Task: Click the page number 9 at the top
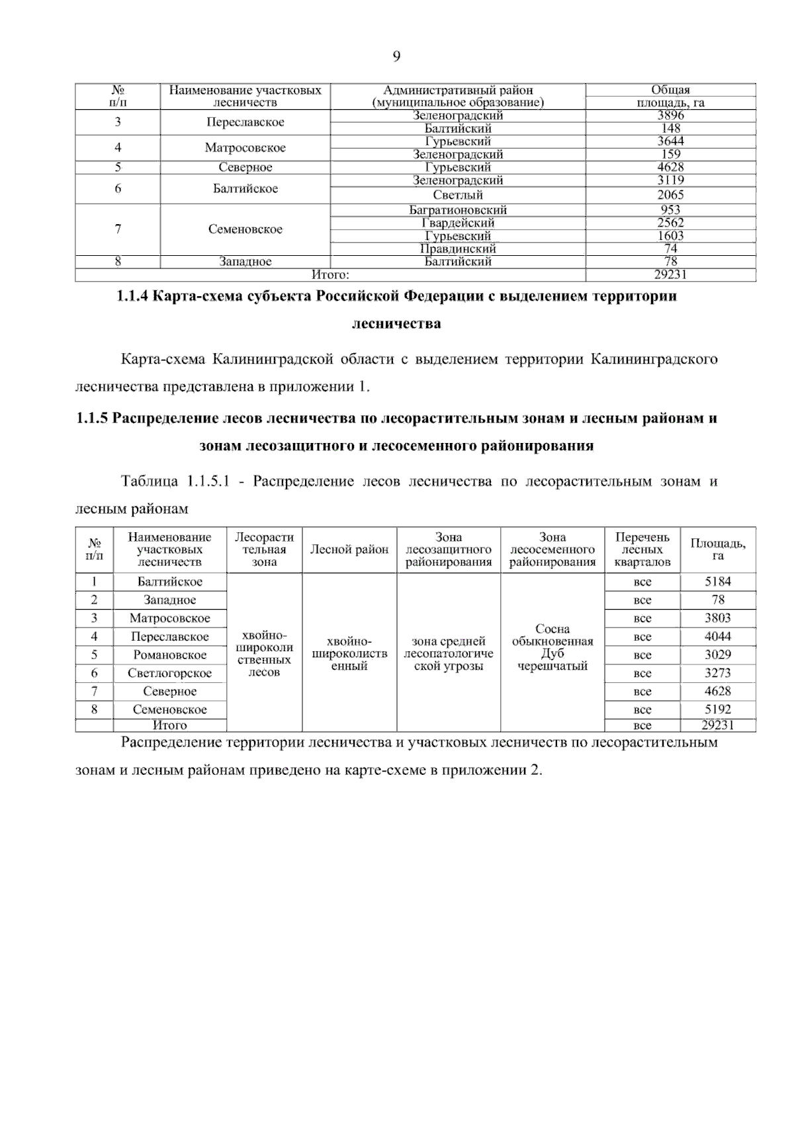[x=396, y=57]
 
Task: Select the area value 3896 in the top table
[x=670, y=115]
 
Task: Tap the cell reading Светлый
[x=458, y=195]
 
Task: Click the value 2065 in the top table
[x=670, y=195]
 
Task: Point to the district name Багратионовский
[x=458, y=210]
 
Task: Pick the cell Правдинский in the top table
[x=458, y=249]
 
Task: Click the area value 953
[x=670, y=210]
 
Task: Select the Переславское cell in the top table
[x=245, y=122]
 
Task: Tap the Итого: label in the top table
[x=330, y=274]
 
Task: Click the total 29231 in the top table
[x=670, y=274]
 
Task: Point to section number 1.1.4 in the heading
[x=132, y=296]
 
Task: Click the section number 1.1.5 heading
[x=92, y=419]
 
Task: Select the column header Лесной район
[x=349, y=550]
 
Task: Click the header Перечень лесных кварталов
[x=642, y=550]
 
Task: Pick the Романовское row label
[x=170, y=655]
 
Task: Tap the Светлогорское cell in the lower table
[x=170, y=674]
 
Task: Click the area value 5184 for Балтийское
[x=718, y=582]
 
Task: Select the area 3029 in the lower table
[x=718, y=655]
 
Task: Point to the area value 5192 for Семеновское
[x=718, y=710]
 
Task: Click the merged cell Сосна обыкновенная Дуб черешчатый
[x=552, y=647]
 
